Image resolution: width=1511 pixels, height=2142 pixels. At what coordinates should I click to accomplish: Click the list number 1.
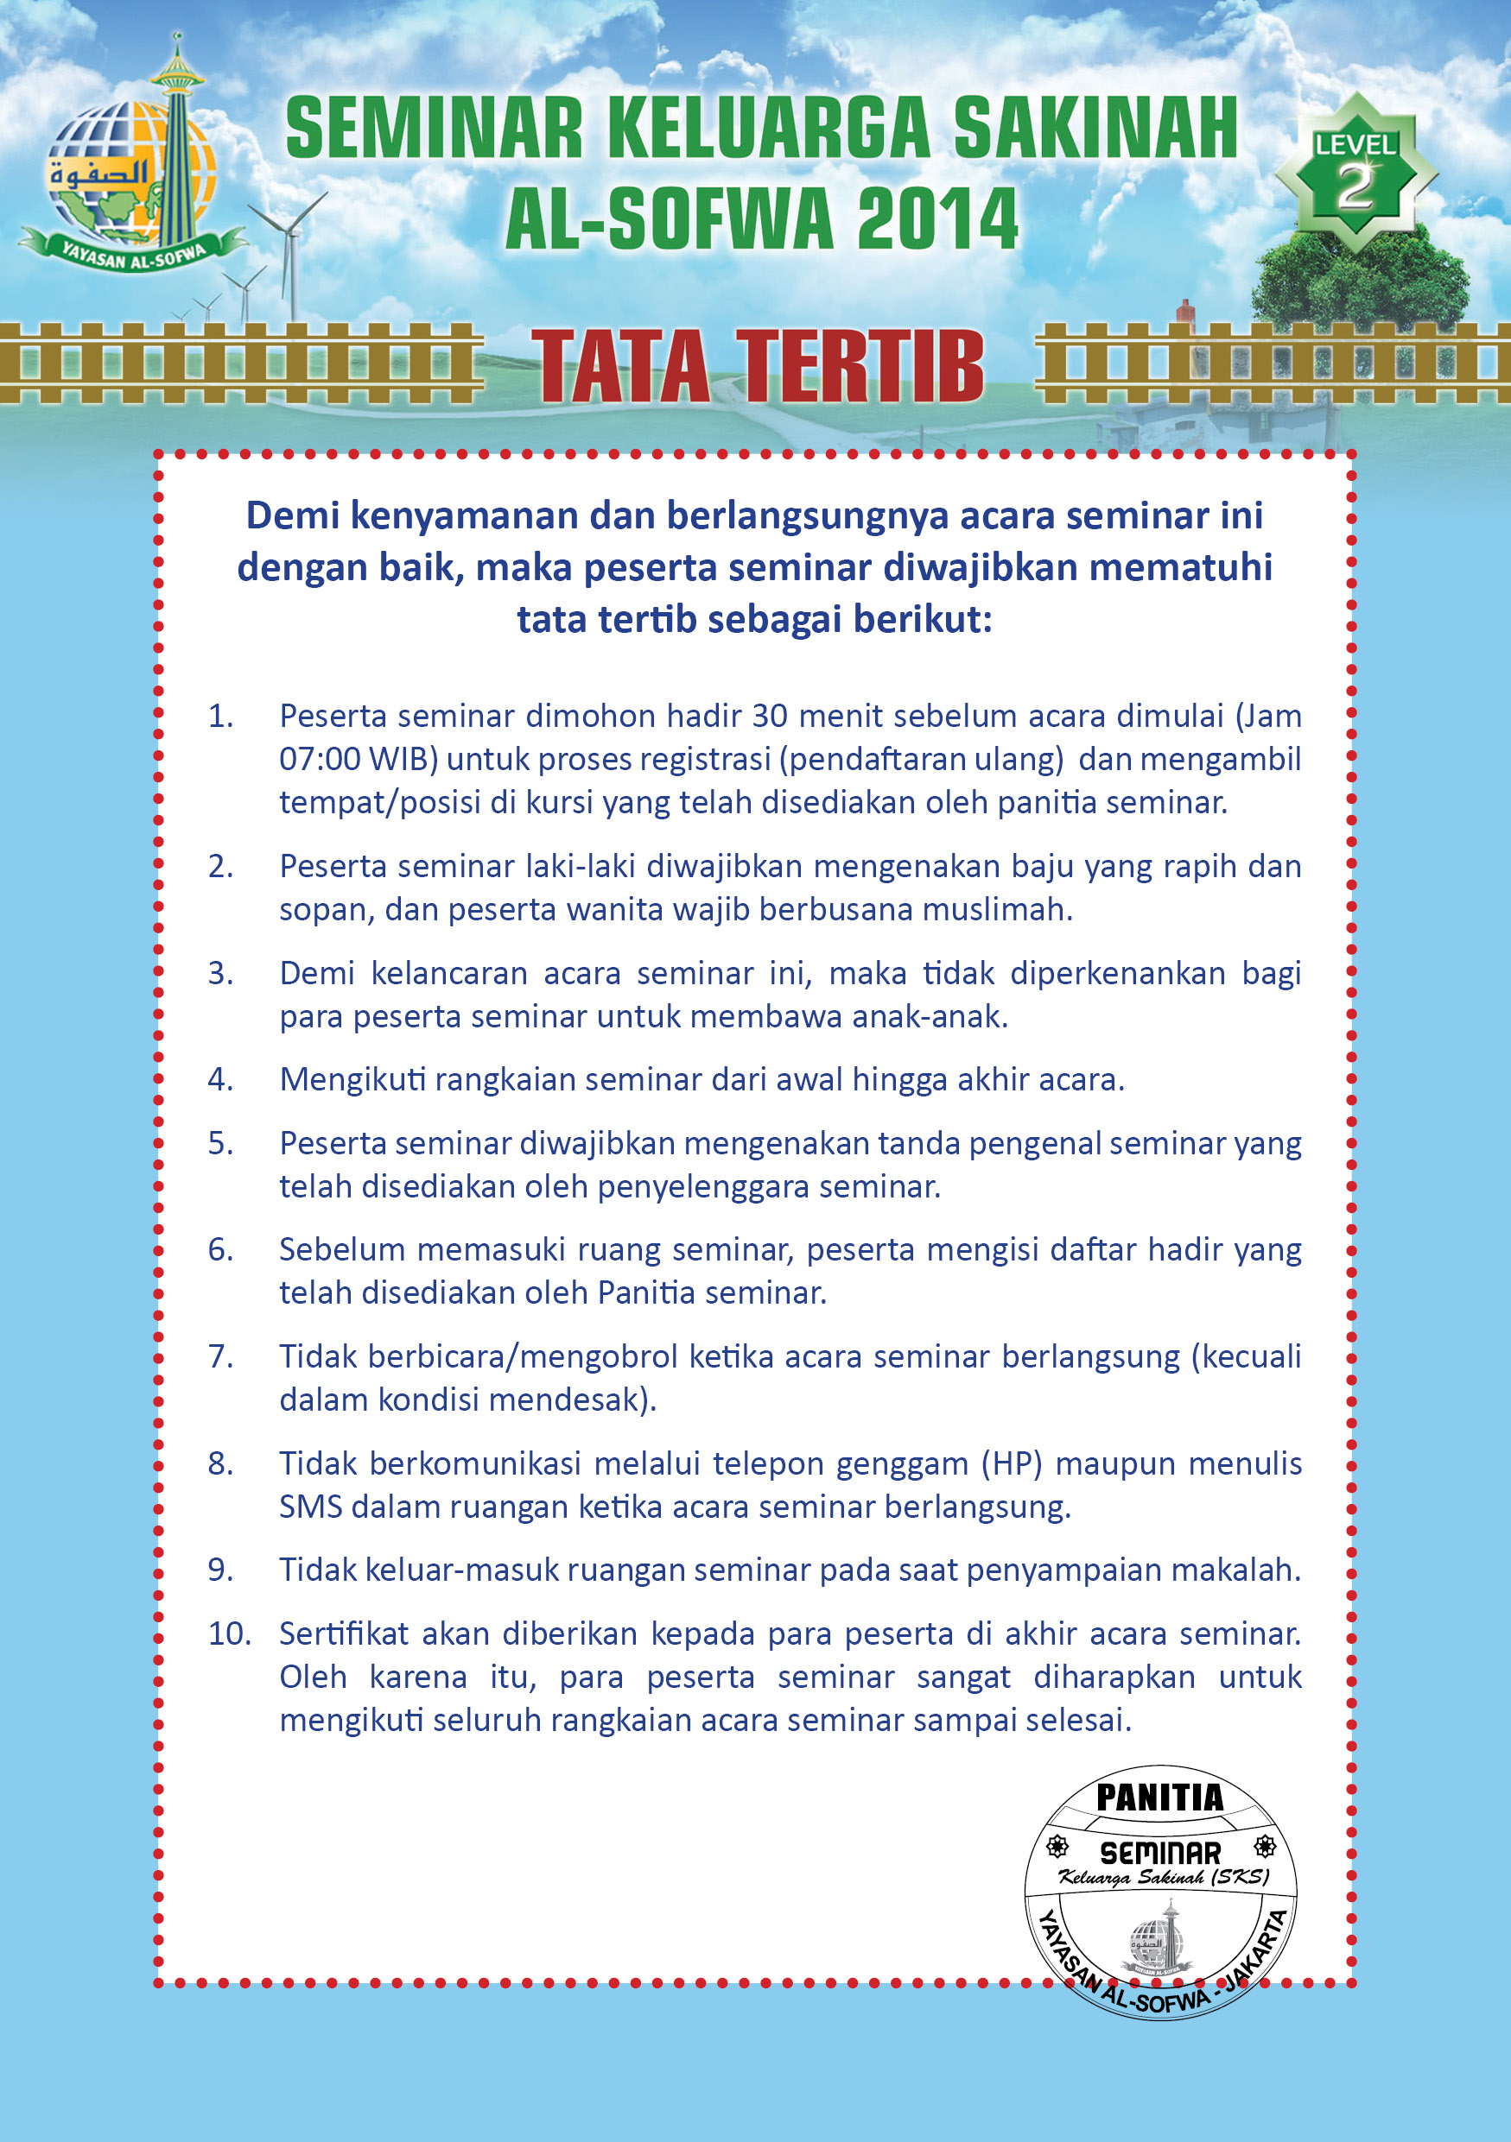point(220,717)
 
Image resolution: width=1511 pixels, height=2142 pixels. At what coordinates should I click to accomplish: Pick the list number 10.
point(230,1633)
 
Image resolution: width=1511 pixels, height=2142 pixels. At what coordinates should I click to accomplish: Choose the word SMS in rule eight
point(311,1507)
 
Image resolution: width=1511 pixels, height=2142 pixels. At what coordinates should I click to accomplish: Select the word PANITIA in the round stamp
point(1159,1798)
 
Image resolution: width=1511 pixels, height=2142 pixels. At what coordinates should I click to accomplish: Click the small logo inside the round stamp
point(1160,1941)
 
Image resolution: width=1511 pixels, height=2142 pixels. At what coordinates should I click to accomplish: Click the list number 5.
point(220,1144)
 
